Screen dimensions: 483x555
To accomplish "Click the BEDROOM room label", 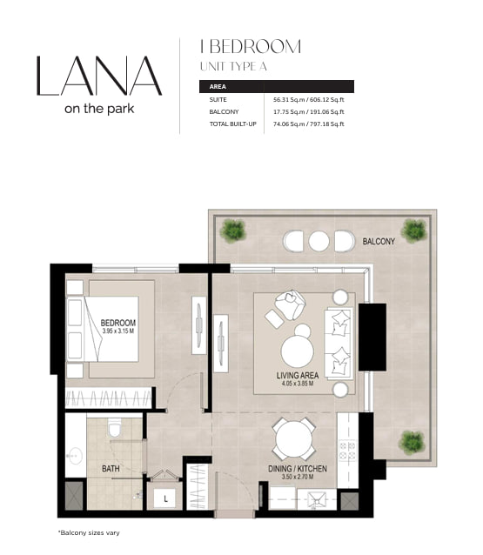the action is click(117, 323).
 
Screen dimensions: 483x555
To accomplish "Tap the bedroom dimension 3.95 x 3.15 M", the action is click(117, 331).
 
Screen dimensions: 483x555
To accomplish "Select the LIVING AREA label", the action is click(298, 375).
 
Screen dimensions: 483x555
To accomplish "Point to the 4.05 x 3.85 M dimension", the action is click(298, 384).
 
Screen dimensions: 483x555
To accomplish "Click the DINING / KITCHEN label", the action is click(298, 469).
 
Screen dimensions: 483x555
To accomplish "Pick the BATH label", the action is click(111, 469).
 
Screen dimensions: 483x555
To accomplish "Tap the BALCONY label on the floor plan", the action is click(379, 241).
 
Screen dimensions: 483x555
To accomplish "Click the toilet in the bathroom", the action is click(114, 427).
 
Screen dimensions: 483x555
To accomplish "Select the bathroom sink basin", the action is click(75, 455).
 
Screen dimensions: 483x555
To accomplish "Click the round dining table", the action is click(294, 439).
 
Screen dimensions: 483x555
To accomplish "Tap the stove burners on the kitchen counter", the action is click(347, 451).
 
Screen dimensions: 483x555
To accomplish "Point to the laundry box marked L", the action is click(165, 499).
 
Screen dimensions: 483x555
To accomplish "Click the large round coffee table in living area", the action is click(297, 351).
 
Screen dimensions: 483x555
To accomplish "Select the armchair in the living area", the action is click(290, 304).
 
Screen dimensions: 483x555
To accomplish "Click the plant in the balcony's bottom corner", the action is click(412, 443).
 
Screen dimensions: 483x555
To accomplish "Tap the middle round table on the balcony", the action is click(319, 241).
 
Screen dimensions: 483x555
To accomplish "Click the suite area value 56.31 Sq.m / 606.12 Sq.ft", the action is click(308, 100).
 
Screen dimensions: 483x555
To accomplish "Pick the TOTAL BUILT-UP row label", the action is click(232, 124).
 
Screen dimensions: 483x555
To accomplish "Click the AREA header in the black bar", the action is click(218, 87).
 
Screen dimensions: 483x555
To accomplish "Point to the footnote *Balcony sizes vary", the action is click(89, 532).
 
